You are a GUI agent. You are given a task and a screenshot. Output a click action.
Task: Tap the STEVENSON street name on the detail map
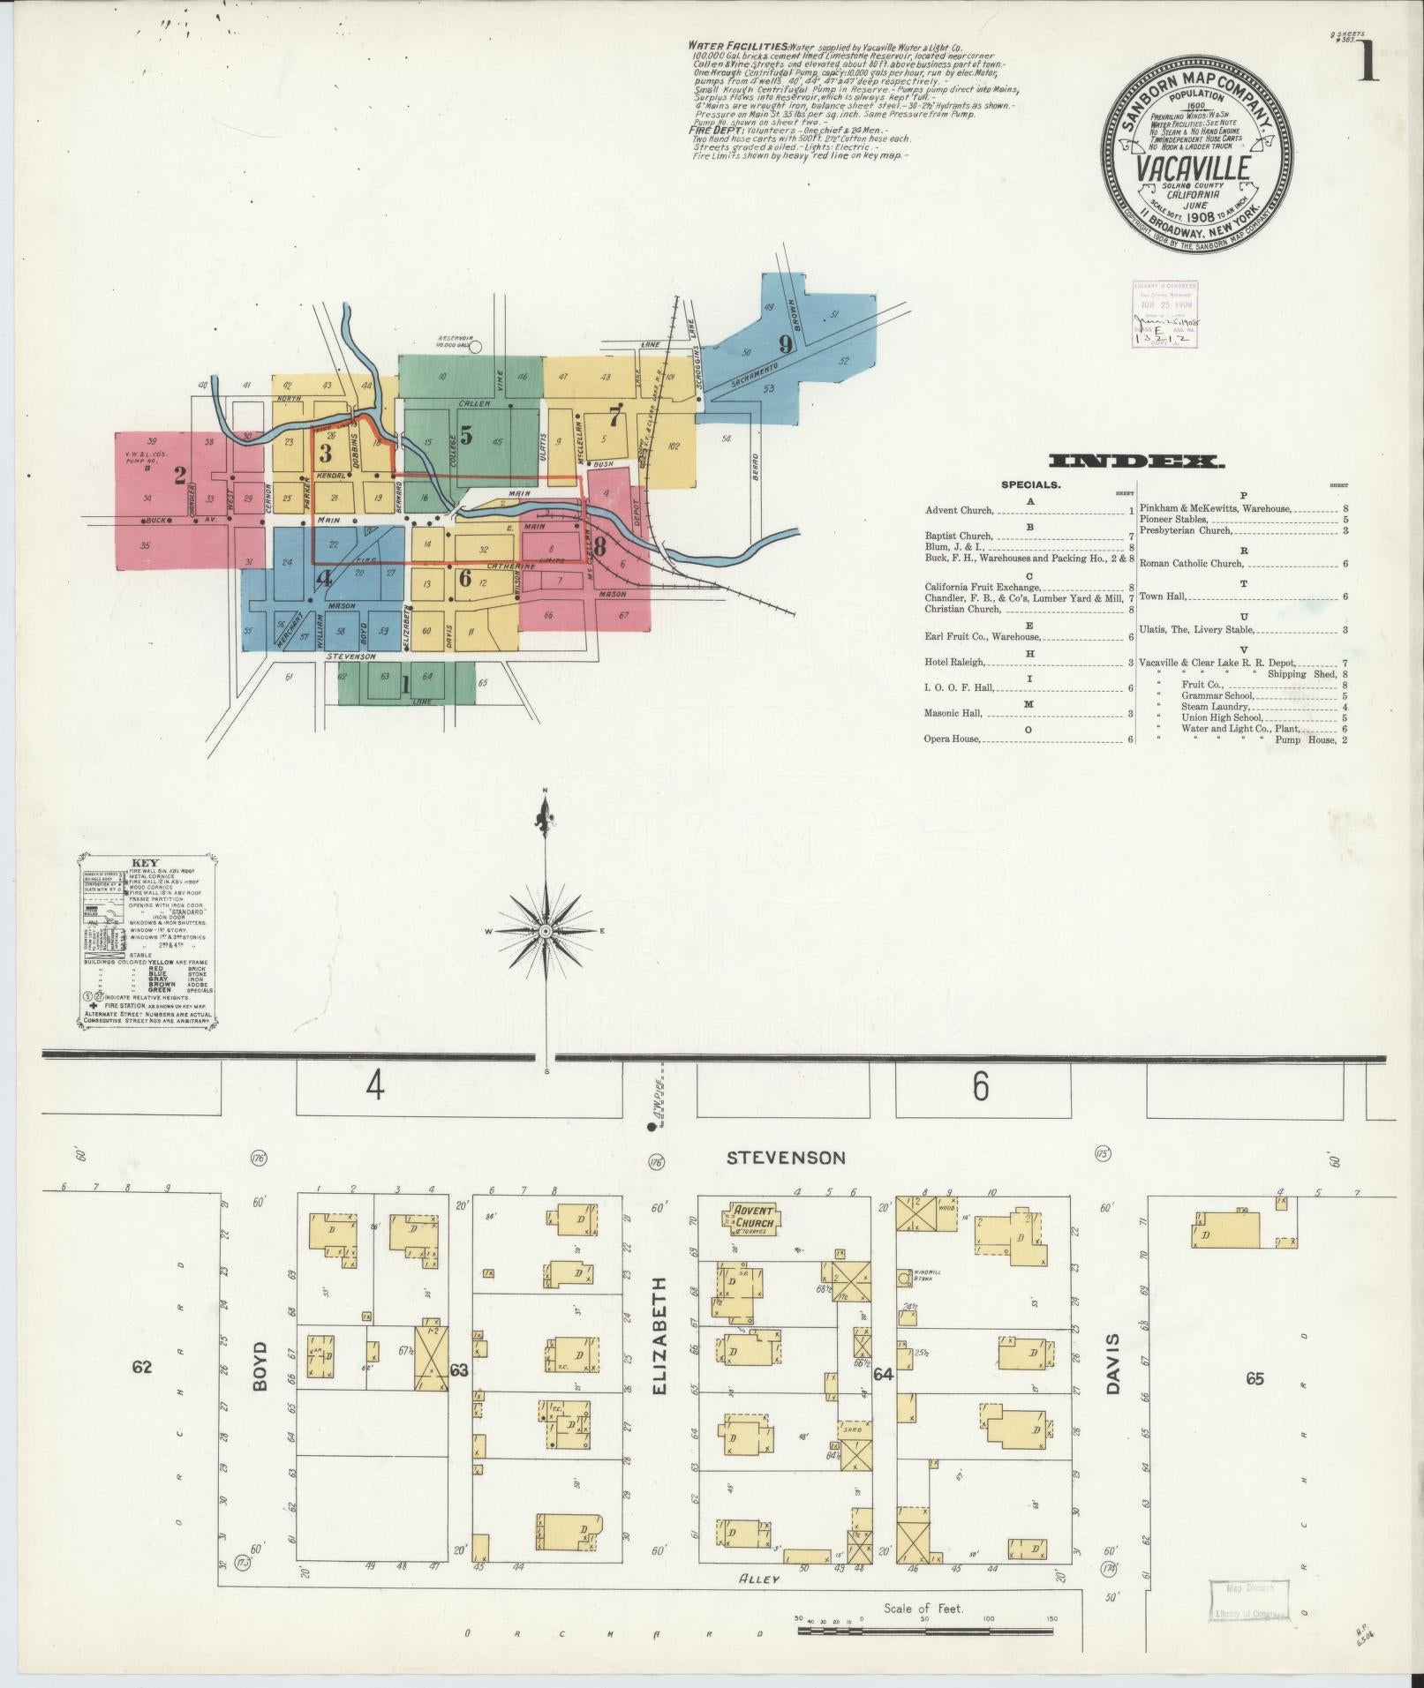[x=786, y=1158]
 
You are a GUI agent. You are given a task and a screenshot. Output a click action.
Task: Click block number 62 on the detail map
[x=142, y=1392]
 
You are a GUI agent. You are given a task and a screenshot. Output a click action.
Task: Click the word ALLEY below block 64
[x=759, y=1579]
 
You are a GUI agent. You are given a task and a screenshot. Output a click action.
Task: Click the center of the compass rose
[x=546, y=932]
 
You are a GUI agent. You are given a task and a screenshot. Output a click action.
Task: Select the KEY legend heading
[x=144, y=864]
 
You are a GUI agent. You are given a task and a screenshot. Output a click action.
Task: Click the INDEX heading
[x=1135, y=461]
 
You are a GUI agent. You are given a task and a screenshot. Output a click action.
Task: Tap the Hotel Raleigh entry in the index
[x=955, y=662]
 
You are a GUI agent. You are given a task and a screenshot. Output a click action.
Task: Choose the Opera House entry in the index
[x=952, y=739]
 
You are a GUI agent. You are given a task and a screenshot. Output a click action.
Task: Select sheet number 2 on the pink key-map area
[x=180, y=476]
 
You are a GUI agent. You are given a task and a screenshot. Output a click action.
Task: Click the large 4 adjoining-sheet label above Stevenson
[x=376, y=1089]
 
